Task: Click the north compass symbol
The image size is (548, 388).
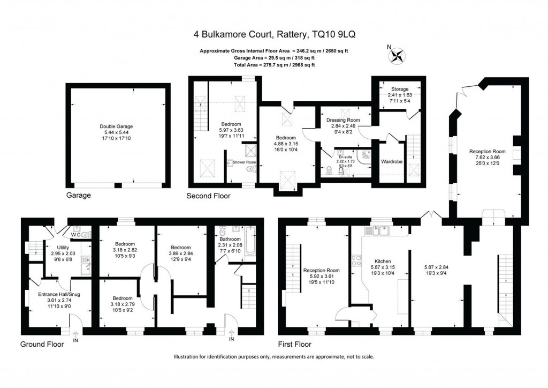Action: pos(398,55)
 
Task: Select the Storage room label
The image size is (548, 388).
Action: pos(399,89)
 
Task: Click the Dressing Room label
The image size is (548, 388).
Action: pos(343,120)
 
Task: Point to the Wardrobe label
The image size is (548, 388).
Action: pos(391,161)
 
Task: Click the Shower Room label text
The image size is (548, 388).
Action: pos(244,162)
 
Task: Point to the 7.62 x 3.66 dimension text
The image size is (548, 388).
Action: pos(487,158)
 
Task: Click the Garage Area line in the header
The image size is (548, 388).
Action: pos(273,57)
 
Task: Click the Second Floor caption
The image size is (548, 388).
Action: pos(208,196)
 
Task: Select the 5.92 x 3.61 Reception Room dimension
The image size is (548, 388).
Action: pos(322,277)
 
